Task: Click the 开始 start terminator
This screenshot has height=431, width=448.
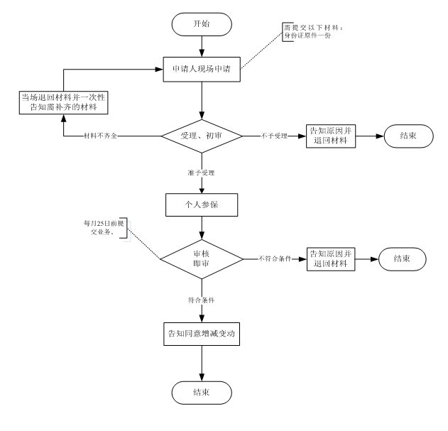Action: point(202,24)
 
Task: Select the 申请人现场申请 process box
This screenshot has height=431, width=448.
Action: point(202,70)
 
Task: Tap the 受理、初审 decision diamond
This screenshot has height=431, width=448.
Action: point(202,135)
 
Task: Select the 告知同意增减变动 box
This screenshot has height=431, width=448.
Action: point(202,333)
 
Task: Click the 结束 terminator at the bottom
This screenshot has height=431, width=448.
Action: point(202,391)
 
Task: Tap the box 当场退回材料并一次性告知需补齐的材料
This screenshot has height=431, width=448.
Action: point(64,102)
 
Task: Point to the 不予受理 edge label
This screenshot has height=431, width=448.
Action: point(274,136)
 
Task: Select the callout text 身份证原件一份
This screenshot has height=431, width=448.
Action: point(307,35)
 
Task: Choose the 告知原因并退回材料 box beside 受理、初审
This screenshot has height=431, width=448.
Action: point(329,136)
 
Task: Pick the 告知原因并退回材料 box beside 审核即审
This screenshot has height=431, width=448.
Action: point(329,258)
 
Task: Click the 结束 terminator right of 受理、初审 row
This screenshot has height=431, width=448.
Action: point(408,136)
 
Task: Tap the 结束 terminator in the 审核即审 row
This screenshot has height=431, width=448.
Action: point(403,258)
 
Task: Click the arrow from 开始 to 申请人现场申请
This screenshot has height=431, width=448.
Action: point(202,45)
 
